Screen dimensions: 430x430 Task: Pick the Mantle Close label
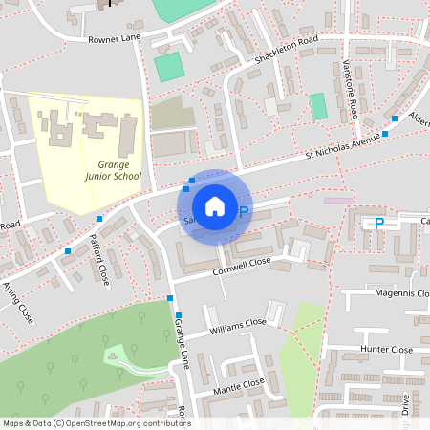tap(238, 385)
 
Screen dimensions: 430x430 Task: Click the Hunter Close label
tap(388, 350)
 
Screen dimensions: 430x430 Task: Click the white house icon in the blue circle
tap(214, 206)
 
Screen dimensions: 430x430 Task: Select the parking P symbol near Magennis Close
tap(378, 224)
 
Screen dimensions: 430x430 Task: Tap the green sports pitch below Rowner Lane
tap(169, 67)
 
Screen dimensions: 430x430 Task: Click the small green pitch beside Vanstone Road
tap(318, 106)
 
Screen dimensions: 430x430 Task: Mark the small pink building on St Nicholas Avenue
tap(337, 201)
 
